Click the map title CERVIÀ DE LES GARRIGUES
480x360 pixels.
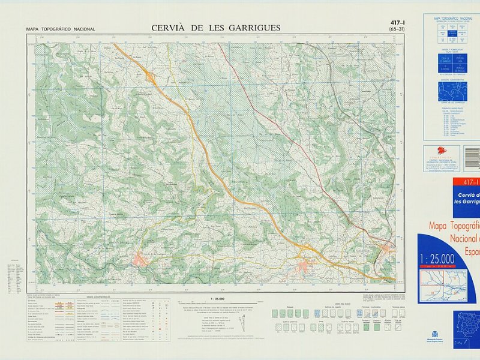(x=215, y=28)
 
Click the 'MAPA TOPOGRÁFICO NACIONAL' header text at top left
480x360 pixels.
(x=60, y=29)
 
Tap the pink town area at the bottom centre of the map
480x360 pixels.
(x=307, y=266)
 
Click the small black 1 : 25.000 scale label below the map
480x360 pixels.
(x=217, y=298)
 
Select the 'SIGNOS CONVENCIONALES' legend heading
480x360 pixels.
(x=98, y=297)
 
